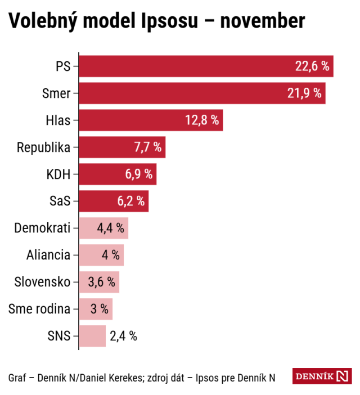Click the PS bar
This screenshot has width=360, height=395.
coord(206,66)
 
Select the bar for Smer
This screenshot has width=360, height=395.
coord(202,93)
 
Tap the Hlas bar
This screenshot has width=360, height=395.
coord(151,120)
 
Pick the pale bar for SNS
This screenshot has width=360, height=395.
coord(92,336)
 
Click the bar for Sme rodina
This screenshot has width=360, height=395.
coord(96,309)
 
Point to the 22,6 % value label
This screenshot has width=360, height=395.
coord(312,66)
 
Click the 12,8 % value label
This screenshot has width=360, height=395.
coord(202,120)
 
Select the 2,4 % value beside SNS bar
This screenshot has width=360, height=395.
coord(124,336)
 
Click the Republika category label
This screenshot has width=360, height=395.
coord(44,147)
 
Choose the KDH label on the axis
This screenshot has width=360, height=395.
coord(58,174)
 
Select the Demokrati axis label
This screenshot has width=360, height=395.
coord(42,228)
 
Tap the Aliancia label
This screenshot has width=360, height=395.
coord(48,255)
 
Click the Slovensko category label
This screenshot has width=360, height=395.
coord(42,282)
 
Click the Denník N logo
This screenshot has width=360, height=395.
coord(322,376)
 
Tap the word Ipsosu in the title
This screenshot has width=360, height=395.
coord(170,21)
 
